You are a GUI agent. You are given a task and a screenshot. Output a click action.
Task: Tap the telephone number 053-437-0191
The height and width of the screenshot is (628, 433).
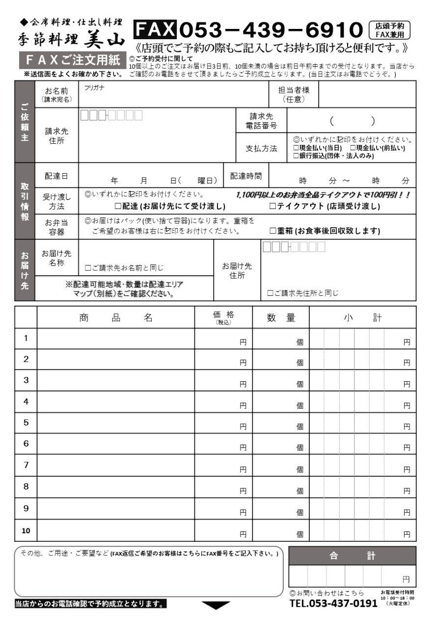(x=333, y=603)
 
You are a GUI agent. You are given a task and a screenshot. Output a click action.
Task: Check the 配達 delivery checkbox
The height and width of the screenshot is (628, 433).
(x=118, y=207)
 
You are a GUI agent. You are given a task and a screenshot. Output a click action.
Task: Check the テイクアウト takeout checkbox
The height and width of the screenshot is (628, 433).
(x=273, y=207)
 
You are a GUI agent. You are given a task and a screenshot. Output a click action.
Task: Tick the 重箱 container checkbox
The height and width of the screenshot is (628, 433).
(x=273, y=231)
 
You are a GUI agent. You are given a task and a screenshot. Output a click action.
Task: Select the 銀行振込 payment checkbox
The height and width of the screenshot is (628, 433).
(x=296, y=156)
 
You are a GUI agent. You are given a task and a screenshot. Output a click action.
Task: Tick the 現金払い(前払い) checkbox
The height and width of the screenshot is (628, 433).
(x=353, y=148)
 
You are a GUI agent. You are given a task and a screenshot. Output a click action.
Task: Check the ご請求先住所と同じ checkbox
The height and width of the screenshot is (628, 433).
(x=270, y=293)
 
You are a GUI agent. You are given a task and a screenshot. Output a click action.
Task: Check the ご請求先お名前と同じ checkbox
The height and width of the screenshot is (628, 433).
(x=88, y=268)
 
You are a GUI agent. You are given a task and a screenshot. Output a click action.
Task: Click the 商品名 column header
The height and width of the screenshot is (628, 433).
(x=116, y=317)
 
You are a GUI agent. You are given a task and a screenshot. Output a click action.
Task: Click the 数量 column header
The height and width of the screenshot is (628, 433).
(x=281, y=317)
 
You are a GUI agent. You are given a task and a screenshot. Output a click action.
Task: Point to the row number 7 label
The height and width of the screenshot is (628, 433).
(x=26, y=465)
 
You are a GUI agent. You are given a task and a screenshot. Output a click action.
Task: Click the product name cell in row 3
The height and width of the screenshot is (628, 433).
(x=116, y=380)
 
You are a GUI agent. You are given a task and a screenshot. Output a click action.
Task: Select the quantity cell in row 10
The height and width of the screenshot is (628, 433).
(x=281, y=530)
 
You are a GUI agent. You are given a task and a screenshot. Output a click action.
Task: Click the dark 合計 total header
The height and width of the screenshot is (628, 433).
(x=352, y=556)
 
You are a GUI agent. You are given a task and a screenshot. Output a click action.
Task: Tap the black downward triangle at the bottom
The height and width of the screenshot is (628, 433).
(x=216, y=605)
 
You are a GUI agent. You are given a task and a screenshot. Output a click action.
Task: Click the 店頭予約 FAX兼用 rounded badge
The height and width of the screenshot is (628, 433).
(x=389, y=30)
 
